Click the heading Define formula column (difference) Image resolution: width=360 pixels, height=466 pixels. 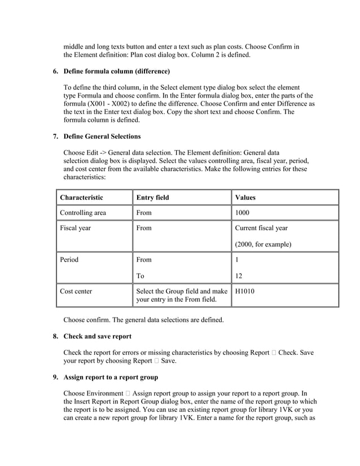pos(116,72)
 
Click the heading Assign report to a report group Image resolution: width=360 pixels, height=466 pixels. pos(111,377)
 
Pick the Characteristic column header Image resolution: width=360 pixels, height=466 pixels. pos(81,197)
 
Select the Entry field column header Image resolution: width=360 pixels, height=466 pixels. pos(152,197)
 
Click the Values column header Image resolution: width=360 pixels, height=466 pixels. pos(245,197)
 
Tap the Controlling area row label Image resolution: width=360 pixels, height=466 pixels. pos(83,213)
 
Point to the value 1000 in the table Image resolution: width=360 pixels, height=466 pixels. pos(242,213)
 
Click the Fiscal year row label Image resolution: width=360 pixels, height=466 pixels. pos(75,228)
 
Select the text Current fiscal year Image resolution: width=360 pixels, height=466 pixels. pos(261,228)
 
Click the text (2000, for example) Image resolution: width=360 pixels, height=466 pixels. pos(263,244)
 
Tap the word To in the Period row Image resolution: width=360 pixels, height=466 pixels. pos(141,276)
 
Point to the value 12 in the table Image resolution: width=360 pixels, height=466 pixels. pos(239,276)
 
